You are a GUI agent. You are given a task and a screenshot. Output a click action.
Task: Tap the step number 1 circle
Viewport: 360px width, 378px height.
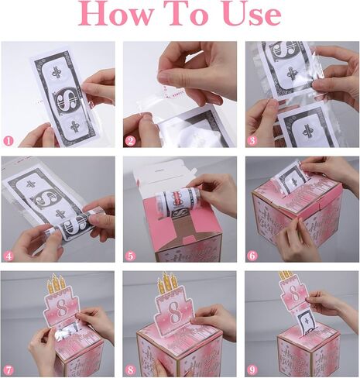click(9, 140)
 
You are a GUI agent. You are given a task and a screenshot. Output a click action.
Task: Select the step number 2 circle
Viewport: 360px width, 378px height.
click(131, 140)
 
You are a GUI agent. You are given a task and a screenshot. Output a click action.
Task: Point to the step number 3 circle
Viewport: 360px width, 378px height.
click(253, 140)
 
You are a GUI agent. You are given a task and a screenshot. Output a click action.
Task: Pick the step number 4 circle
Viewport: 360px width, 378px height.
click(9, 255)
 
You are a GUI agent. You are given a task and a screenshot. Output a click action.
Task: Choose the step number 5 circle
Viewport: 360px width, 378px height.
click(131, 255)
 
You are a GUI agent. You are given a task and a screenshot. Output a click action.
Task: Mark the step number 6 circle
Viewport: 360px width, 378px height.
click(253, 255)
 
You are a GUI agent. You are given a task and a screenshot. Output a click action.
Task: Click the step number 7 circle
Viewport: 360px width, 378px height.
click(9, 369)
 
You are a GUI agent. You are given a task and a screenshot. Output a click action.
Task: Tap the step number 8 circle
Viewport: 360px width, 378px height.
click(131, 369)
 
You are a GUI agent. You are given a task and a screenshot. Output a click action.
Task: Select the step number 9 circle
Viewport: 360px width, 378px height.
click(253, 369)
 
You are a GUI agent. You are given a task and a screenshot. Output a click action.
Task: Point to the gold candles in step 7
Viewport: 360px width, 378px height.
click(56, 283)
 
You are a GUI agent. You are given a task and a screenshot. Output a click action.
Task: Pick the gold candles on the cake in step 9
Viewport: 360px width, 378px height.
click(286, 275)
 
